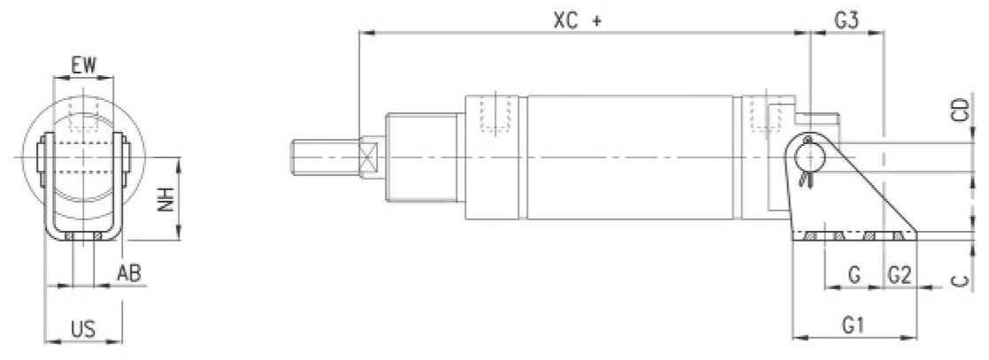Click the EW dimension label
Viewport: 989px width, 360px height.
click(x=84, y=65)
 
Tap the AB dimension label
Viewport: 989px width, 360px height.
click(x=129, y=273)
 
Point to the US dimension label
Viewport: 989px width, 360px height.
click(x=82, y=329)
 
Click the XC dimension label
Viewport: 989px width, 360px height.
click(x=567, y=20)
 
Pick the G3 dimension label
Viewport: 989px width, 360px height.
click(x=847, y=20)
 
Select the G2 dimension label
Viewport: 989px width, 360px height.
click(x=900, y=275)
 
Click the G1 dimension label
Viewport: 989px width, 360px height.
click(x=853, y=326)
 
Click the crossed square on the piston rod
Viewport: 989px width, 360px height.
click(x=368, y=157)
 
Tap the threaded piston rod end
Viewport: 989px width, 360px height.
click(x=325, y=157)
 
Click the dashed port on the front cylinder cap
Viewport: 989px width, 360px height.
click(x=495, y=114)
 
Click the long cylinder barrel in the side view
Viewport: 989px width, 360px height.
click(x=630, y=157)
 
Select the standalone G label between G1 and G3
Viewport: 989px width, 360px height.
click(x=854, y=275)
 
